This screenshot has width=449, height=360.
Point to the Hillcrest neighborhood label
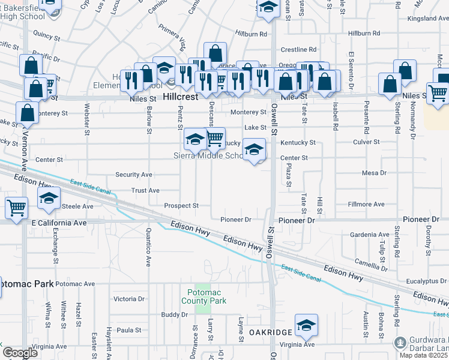tap(181, 96)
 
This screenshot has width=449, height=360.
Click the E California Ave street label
tap(59, 223)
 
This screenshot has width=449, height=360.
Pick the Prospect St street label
tap(181, 206)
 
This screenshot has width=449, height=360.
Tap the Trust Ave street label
tap(145, 190)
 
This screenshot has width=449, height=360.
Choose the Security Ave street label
tap(134, 175)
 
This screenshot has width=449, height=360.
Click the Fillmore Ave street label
tap(366, 205)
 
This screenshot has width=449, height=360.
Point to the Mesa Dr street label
tap(375, 173)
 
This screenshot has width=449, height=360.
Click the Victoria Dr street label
tap(129, 299)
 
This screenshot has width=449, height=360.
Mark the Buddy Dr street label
tap(175, 314)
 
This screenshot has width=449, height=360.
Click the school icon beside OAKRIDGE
tap(306, 325)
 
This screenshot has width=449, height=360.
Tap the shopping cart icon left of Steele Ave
tap(16, 208)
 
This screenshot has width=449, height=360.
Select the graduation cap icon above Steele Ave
tap(49, 199)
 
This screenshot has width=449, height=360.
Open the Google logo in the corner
tap(20, 353)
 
